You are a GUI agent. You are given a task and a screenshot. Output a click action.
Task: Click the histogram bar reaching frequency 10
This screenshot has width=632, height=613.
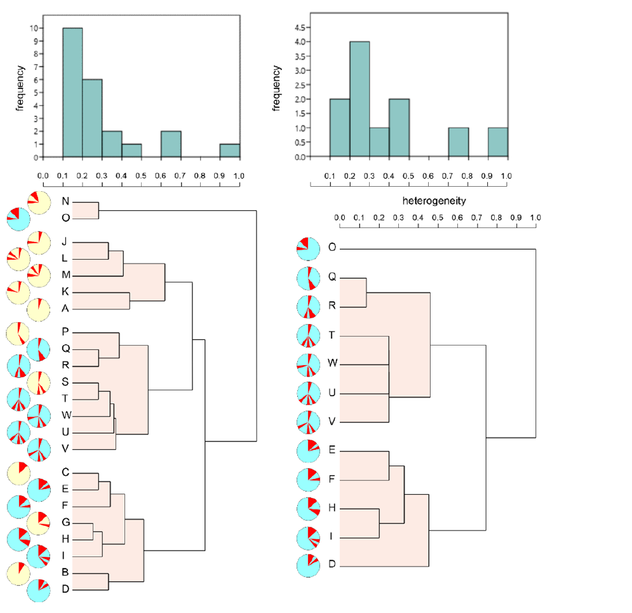72,92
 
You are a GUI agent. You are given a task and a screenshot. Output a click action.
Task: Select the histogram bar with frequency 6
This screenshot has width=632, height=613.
92,118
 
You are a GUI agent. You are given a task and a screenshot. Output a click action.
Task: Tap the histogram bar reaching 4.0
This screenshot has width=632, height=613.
360,98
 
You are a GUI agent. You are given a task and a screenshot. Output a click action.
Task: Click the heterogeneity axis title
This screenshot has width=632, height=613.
434,201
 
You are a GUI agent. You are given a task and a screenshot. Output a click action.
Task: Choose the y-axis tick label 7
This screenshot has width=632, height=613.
34,67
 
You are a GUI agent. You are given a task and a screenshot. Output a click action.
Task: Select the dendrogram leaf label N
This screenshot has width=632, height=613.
65,202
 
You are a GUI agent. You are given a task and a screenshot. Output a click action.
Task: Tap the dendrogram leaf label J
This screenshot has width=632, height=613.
65,241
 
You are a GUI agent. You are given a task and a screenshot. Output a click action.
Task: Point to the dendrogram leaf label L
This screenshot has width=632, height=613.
65,258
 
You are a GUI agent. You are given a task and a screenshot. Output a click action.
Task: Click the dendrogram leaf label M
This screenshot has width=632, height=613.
65,275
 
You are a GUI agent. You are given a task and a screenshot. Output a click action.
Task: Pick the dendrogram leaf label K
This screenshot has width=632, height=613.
65,292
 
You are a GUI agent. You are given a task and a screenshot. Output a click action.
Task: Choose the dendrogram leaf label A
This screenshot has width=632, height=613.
65,309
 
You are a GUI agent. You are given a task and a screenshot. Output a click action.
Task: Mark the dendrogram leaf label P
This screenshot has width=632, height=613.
65,332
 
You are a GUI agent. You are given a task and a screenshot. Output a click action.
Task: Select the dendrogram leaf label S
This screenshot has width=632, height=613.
65,382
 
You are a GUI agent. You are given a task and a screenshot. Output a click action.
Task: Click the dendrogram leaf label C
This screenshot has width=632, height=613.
65,472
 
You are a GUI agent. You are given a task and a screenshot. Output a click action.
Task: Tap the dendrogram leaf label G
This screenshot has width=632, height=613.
65,522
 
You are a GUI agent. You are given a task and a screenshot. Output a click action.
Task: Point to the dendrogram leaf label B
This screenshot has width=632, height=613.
65,573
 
